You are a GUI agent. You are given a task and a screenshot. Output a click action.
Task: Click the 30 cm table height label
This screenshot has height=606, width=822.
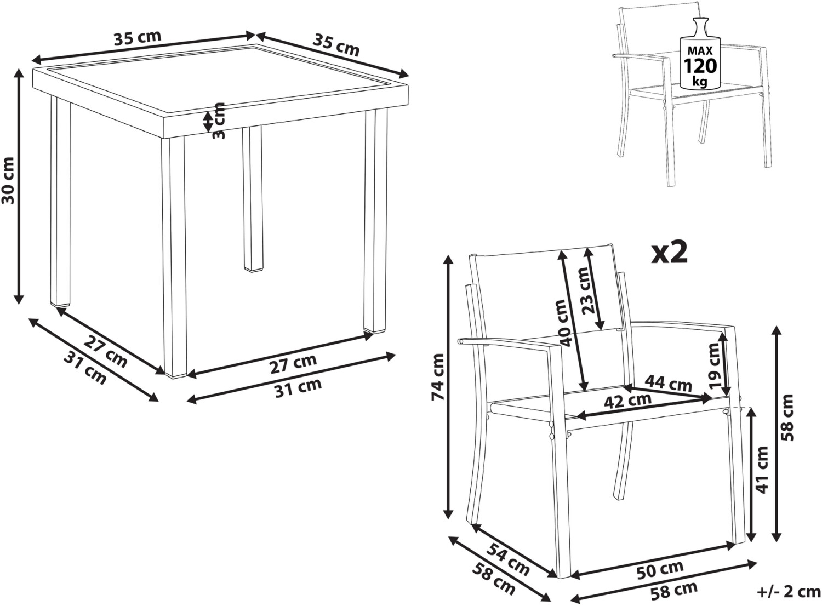coord(8,180)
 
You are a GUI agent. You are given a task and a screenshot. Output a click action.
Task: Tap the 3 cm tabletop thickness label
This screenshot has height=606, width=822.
coord(219,121)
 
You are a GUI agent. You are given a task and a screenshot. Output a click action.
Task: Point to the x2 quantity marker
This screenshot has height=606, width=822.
coord(669,254)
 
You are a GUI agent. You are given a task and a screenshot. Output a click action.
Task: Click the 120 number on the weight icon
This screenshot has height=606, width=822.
coord(700,66)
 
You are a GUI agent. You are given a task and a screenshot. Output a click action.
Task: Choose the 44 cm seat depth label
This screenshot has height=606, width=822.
coord(669,383)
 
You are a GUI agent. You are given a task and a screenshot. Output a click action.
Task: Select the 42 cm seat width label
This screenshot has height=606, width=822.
coord(628,401)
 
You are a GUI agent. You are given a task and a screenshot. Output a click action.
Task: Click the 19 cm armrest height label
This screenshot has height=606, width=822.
coord(713,365)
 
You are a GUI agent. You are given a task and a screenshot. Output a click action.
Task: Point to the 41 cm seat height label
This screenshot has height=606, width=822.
coord(762,470)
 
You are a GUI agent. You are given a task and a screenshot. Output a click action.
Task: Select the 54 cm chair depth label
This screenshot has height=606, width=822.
coord(508,564)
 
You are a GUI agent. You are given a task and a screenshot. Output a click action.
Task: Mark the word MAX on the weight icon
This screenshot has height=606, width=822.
coord(700,50)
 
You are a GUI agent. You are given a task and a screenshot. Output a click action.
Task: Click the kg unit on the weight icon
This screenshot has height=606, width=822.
coord(699,82)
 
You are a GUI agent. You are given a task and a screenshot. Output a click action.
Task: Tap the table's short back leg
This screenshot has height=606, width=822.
coord(253,199)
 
